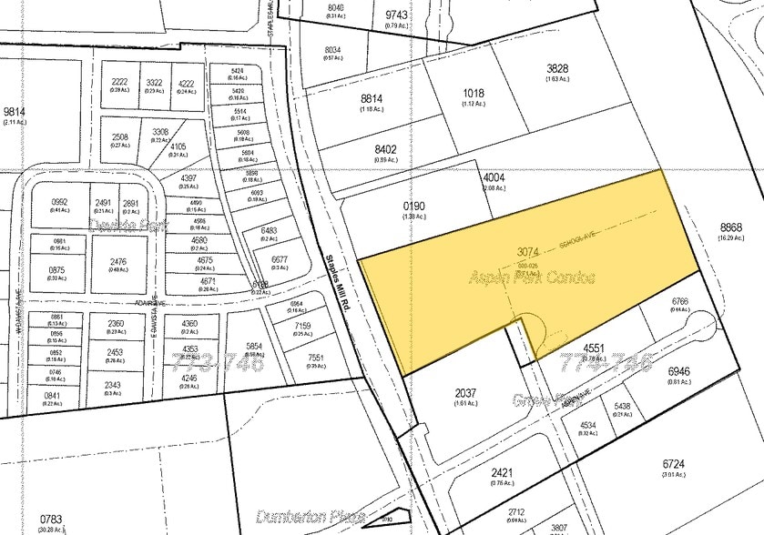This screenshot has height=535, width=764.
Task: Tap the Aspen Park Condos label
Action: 534,278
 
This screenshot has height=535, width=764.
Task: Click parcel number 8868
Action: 730,227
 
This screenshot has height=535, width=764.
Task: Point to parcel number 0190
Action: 414,207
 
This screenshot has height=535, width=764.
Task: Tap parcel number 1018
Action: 474,93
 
